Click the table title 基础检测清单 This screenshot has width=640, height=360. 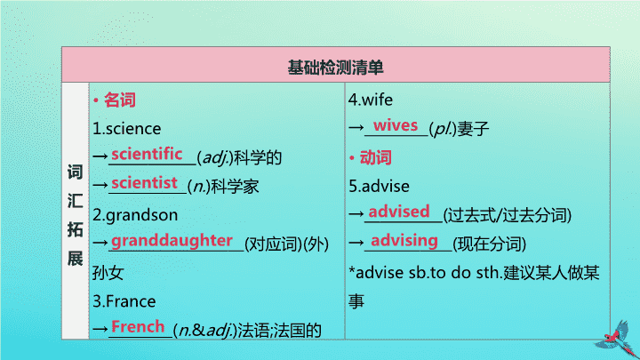335,68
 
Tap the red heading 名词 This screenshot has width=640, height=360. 120,100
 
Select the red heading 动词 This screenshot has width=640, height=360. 375,157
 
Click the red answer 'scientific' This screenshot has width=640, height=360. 147,155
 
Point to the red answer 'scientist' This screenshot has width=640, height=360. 145,183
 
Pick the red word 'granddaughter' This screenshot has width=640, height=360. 172,241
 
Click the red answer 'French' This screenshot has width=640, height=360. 138,327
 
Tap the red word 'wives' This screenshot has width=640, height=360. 396,125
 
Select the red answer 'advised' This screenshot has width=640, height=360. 399,212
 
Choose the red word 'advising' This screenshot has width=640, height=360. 404,240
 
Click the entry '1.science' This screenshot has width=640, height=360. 127,129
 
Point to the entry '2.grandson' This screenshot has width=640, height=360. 135,215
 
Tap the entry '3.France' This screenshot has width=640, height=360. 124,301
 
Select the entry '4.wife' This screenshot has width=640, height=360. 371,100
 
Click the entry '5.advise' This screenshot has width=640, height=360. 379,187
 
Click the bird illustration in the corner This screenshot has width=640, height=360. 618,340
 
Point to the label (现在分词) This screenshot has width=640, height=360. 490,244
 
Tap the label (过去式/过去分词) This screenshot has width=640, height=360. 508,215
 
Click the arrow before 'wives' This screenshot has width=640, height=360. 356,128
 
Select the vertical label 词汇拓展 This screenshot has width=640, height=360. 75,215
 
